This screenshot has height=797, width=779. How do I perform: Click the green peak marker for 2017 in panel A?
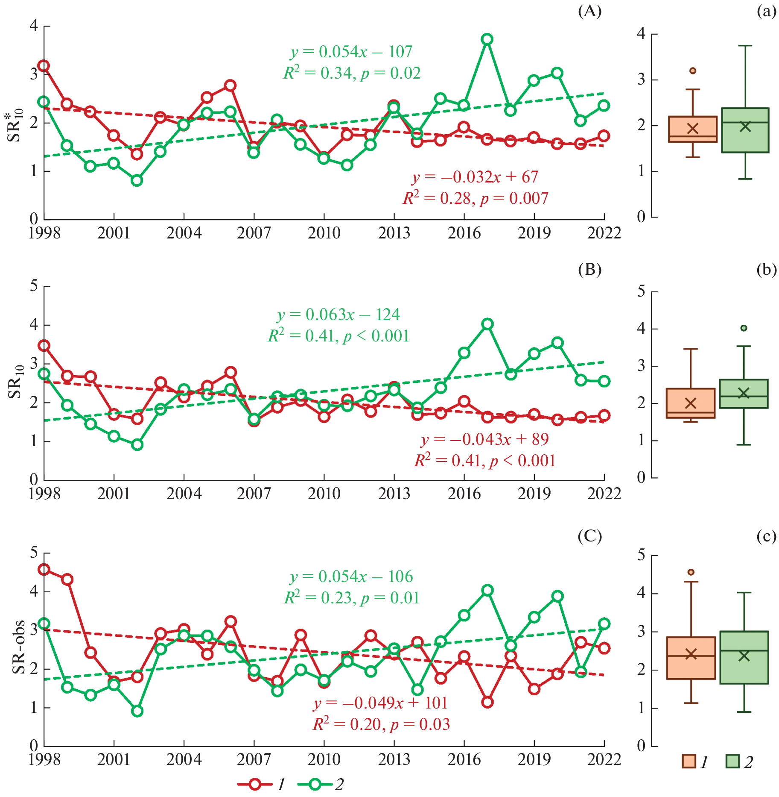coord(487,39)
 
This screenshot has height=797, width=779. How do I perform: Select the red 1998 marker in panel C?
coord(44,569)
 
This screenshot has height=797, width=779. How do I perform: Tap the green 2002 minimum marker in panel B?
coord(137,445)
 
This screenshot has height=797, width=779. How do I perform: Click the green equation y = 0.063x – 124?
coord(338,315)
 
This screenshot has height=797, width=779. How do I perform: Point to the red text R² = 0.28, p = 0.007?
coord(476,198)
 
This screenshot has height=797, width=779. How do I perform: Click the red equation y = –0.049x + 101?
coord(380,703)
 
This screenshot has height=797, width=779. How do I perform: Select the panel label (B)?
coord(589,269)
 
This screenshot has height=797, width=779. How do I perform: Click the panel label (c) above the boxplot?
coord(766,536)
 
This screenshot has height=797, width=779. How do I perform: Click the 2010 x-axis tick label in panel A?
coord(324,233)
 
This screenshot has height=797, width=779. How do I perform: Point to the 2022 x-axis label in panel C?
coord(604,759)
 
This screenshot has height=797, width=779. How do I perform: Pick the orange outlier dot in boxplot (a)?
coord(693,71)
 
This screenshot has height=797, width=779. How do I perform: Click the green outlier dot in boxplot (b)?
coord(744,328)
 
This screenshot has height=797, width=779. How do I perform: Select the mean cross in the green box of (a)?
coord(745,126)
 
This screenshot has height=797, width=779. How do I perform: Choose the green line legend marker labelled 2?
coord(315,784)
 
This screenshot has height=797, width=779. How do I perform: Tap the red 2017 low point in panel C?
coord(487,702)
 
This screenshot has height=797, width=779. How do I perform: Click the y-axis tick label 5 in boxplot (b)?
coord(641,292)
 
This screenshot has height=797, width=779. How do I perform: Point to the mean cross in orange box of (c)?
coord(691,654)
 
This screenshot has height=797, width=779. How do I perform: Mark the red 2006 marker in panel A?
coord(230,85)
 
